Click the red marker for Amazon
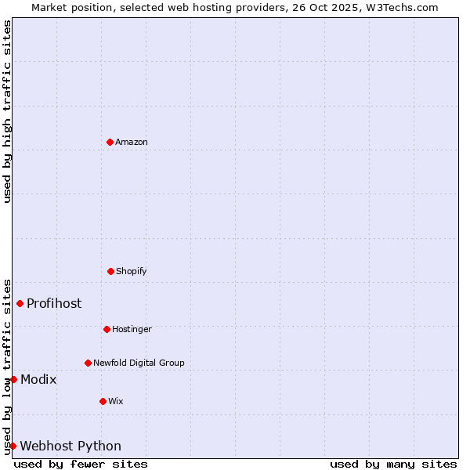click(x=110, y=142)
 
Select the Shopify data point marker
click(x=110, y=271)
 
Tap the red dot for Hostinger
click(x=107, y=329)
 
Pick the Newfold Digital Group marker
click(x=88, y=363)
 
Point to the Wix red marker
click(x=103, y=401)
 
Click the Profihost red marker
click(x=20, y=303)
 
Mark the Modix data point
click(x=13, y=379)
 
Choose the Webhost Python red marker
click(x=13, y=446)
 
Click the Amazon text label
click(x=132, y=142)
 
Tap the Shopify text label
click(x=132, y=271)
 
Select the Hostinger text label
click(x=132, y=329)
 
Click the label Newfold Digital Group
click(x=139, y=363)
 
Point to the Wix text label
click(x=116, y=401)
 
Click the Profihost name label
click(x=54, y=303)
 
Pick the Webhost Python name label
click(x=70, y=446)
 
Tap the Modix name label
click(x=38, y=379)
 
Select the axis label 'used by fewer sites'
click(x=81, y=464)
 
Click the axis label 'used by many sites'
click(x=393, y=464)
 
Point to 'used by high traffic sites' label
click(x=7, y=111)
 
